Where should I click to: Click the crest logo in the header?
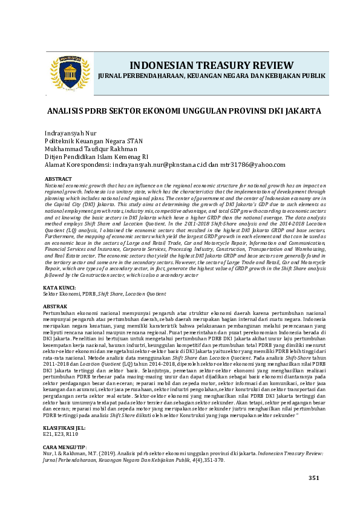69,71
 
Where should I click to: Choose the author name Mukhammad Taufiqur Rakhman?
91,149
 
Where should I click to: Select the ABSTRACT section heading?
58,179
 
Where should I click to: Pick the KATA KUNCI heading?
60,288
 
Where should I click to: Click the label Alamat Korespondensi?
77,164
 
